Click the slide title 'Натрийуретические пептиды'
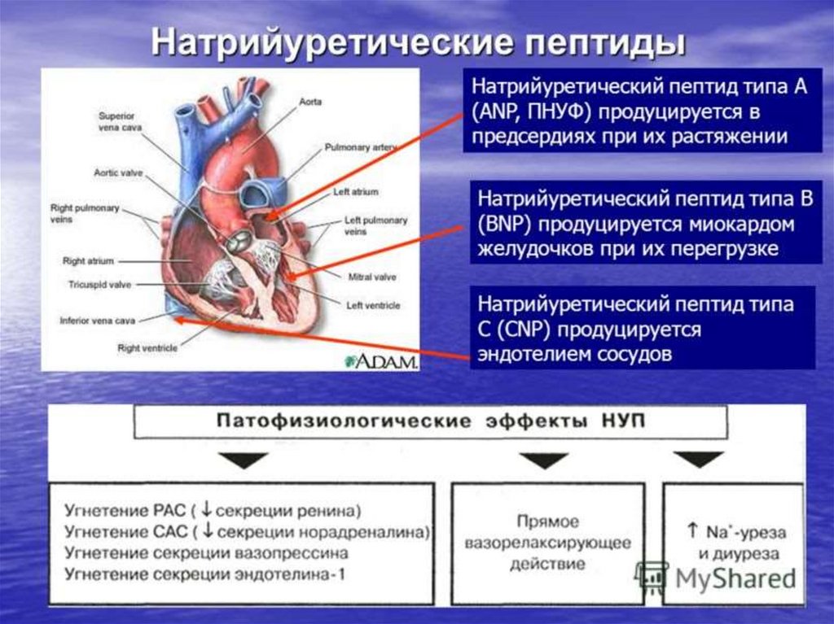416,42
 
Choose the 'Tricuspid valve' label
99,285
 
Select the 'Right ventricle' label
147,348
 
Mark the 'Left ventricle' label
372,305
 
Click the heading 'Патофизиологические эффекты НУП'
429,421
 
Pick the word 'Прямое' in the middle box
547,521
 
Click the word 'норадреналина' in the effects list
374,532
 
